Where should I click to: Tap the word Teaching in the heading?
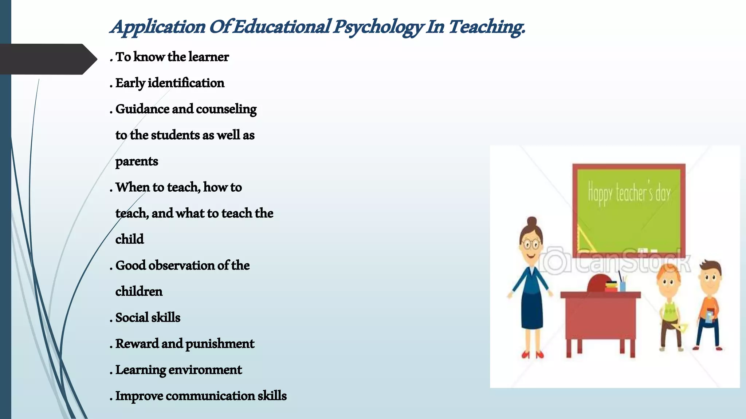[x=486, y=27]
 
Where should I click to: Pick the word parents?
[x=137, y=161]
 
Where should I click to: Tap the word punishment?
[x=220, y=344]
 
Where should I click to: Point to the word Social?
[x=131, y=318]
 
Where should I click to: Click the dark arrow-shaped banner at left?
[x=46, y=59]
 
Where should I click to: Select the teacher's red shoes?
[x=532, y=354]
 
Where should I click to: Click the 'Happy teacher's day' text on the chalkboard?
[x=629, y=193]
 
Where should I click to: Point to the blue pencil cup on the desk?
[x=623, y=286]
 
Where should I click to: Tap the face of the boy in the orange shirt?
[x=710, y=280]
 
